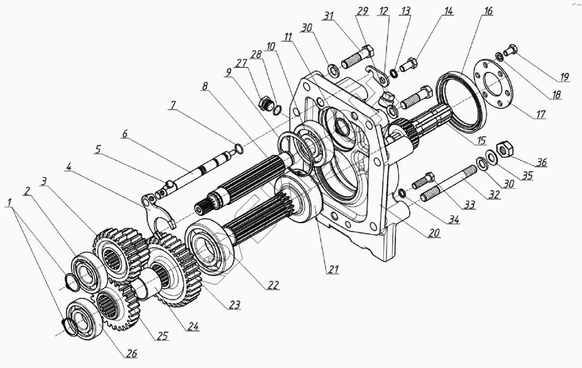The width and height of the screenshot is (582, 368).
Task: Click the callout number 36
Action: point(541,162)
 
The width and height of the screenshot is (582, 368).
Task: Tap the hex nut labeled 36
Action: point(506,148)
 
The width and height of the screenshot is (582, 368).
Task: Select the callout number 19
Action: point(564,77)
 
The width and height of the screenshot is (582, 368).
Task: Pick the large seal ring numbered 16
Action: point(461,103)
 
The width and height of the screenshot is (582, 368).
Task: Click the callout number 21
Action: point(333,269)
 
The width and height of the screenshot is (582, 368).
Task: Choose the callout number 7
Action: point(172,106)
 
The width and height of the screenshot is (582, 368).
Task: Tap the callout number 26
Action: point(131,354)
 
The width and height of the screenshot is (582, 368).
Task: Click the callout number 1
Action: point(9,202)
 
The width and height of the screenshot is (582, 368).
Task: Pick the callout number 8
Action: point(205,86)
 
